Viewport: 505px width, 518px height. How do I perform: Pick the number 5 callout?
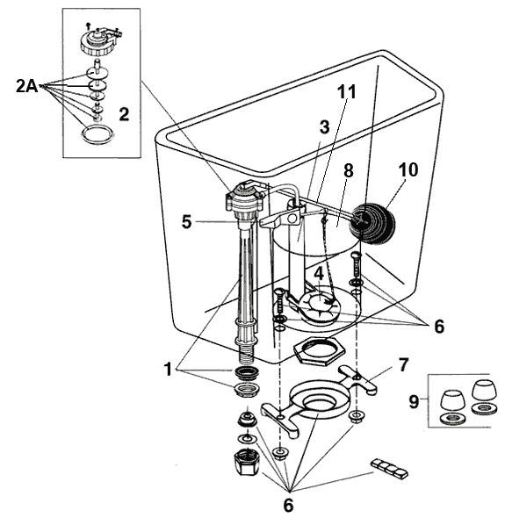(187, 223)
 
